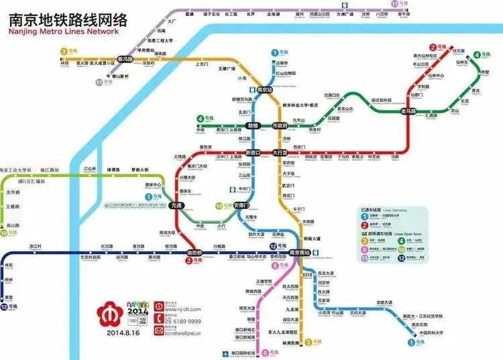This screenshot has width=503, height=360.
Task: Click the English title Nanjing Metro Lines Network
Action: [63, 32]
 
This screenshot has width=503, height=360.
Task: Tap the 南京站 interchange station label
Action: [265, 89]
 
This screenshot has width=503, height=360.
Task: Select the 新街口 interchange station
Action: [253, 153]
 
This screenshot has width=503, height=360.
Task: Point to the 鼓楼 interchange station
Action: [253, 125]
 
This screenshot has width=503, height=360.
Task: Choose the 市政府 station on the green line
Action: [279, 125]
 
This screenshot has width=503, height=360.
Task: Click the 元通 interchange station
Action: [177, 204]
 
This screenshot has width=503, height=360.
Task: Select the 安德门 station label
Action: [243, 204]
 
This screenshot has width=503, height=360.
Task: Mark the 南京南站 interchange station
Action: [299, 253]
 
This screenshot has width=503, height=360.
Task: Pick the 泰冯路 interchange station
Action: [125, 59]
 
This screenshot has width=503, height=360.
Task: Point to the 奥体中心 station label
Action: [154, 184]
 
